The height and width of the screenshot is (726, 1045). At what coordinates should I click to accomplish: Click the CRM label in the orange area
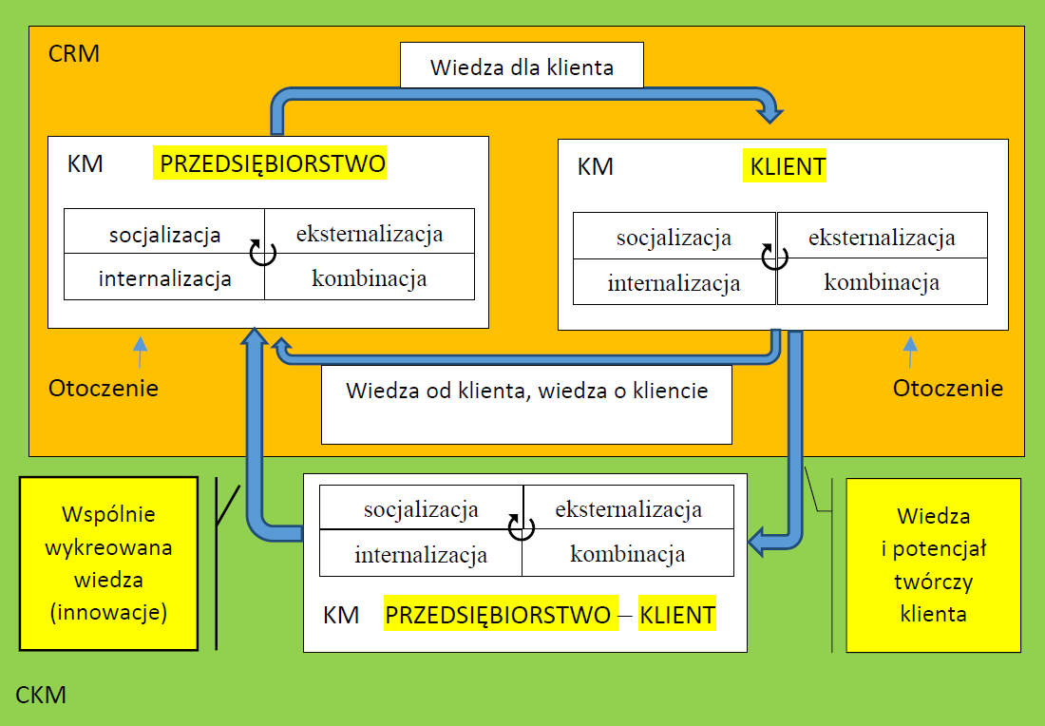[74, 53]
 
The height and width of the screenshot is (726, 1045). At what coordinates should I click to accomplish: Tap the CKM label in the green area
[41, 695]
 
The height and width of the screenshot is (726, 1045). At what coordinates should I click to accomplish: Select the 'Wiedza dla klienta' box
[522, 66]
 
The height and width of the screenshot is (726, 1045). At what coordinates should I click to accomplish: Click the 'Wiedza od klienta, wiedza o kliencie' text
[526, 391]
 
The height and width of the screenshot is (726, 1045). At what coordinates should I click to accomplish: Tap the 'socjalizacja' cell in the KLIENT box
[674, 238]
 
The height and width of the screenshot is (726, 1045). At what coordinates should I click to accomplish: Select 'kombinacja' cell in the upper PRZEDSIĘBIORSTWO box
[370, 278]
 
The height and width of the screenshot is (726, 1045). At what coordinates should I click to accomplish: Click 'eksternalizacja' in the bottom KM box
[629, 509]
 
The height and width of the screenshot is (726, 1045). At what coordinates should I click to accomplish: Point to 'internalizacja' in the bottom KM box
[421, 555]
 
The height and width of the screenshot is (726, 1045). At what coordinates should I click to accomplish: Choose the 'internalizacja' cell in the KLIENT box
[674, 282]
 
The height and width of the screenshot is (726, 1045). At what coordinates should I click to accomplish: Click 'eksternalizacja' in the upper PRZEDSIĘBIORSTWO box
[370, 234]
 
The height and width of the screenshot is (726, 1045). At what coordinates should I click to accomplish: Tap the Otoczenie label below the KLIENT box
[948, 388]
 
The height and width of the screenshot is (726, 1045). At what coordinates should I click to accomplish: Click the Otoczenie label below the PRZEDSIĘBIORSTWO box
[104, 388]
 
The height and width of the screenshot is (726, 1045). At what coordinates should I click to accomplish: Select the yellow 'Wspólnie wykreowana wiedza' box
[108, 564]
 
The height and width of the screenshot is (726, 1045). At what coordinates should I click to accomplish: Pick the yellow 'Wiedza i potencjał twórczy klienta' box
[933, 565]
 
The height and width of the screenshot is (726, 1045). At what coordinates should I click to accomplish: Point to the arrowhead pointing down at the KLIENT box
[769, 113]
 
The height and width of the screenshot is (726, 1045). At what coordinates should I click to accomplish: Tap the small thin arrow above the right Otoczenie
[910, 352]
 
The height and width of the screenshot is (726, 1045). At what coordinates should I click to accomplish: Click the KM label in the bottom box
[341, 615]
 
